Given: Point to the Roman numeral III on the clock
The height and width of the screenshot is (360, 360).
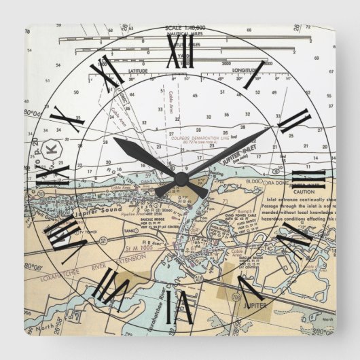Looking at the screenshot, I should [312, 180].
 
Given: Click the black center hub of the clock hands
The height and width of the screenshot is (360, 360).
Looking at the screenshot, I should [181, 178].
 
